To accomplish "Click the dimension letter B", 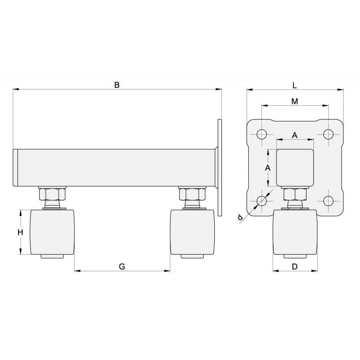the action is click(x=117, y=85).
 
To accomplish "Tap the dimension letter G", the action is click(x=122, y=266).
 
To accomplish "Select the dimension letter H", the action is click(x=20, y=232).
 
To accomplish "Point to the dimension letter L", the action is click(x=295, y=85).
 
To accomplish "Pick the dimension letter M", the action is click(x=295, y=101).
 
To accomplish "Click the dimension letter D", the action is click(x=295, y=266).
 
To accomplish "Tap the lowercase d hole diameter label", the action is click(x=240, y=217).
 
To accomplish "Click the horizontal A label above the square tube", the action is click(x=295, y=135).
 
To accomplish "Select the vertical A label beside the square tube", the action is click(x=268, y=168).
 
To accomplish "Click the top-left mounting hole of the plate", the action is click(x=261, y=134).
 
